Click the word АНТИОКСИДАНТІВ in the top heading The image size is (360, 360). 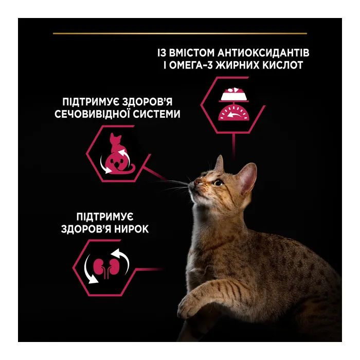coord(263,52)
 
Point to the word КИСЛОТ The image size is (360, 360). coord(283,65)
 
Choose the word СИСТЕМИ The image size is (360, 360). coord(157,114)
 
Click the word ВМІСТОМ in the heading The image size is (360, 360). coord(192,52)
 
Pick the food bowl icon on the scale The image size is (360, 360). coord(233,94)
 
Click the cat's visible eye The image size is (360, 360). coord(218,183)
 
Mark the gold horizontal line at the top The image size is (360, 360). coord(180,33)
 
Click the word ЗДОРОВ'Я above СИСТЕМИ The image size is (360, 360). coord(147,102)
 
